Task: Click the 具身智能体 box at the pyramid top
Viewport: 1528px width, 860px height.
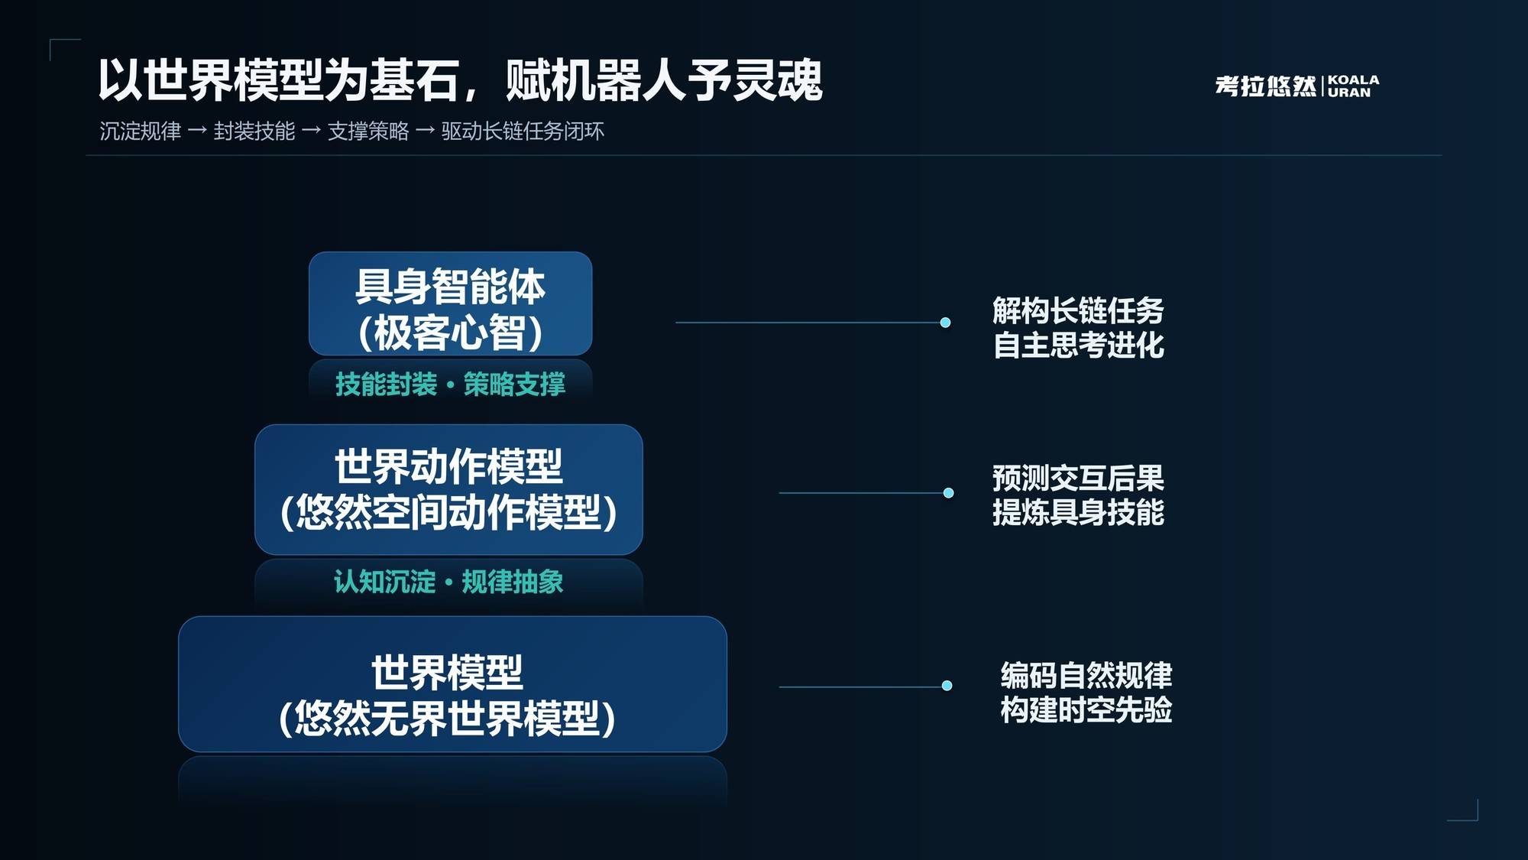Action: (450, 303)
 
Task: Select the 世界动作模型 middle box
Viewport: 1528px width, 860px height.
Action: (448, 489)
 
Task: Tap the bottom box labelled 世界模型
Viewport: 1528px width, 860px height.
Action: (452, 684)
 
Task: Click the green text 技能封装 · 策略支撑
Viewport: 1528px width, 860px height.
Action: (450, 384)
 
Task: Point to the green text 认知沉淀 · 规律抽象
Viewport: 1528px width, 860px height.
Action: (448, 582)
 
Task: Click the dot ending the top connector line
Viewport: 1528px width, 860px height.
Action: (945, 323)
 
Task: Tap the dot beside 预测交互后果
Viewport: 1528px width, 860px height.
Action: (948, 493)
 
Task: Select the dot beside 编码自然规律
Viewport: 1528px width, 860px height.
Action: (947, 686)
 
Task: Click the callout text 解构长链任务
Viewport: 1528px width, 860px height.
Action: (1078, 311)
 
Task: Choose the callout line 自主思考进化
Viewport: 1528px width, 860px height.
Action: (1078, 346)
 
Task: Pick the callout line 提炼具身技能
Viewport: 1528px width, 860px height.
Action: (1078, 512)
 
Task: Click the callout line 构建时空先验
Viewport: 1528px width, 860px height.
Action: (1086, 710)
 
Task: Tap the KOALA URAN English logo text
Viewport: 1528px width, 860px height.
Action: (1354, 86)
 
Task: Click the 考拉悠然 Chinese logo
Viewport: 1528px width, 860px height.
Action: (1266, 86)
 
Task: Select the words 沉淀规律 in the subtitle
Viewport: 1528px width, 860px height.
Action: (141, 131)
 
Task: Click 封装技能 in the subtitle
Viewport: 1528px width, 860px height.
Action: (254, 131)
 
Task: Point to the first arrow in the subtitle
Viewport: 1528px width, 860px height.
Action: (197, 131)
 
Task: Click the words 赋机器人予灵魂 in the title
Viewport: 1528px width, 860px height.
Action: (664, 80)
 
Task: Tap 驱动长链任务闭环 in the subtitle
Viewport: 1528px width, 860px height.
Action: (523, 131)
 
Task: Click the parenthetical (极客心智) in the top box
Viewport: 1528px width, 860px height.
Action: (450, 333)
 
